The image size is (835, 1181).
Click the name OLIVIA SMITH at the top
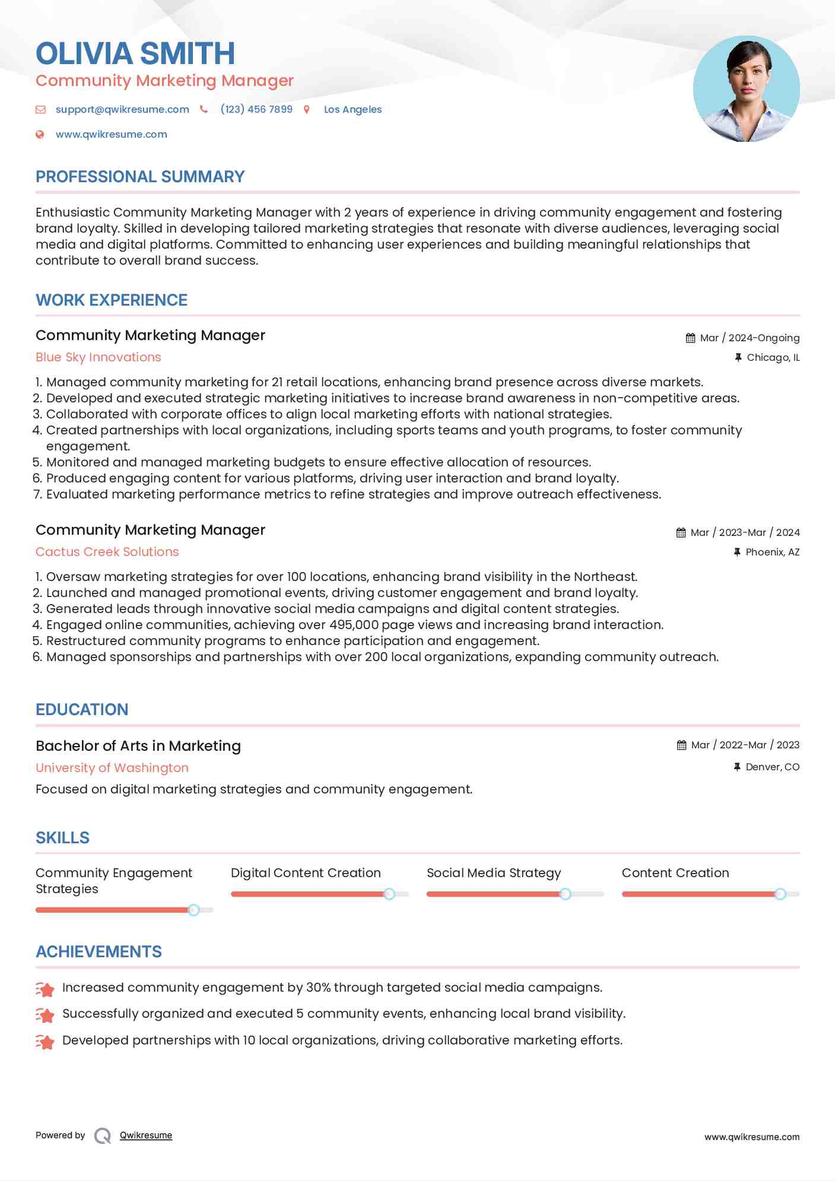click(135, 53)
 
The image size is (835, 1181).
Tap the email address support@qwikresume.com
click(122, 109)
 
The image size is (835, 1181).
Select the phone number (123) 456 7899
click(256, 109)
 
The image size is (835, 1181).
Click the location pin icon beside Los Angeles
click(307, 109)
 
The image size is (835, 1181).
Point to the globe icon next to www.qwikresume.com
click(40, 134)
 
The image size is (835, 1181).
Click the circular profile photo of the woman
click(746, 89)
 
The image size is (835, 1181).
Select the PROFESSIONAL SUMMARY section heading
click(140, 177)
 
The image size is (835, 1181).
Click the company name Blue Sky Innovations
click(99, 357)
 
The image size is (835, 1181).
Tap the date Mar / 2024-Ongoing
click(750, 338)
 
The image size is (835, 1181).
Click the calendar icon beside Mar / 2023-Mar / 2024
click(681, 533)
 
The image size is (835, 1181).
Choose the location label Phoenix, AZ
click(772, 552)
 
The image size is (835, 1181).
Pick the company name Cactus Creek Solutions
click(107, 552)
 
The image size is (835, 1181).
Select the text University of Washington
click(112, 768)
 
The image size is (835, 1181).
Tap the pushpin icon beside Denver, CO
click(737, 767)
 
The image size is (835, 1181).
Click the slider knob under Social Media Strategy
click(565, 894)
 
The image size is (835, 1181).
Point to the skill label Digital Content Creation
click(306, 873)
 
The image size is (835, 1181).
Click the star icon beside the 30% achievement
click(45, 989)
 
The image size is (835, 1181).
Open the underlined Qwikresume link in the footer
click(146, 1135)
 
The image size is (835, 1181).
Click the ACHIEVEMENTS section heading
click(99, 952)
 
